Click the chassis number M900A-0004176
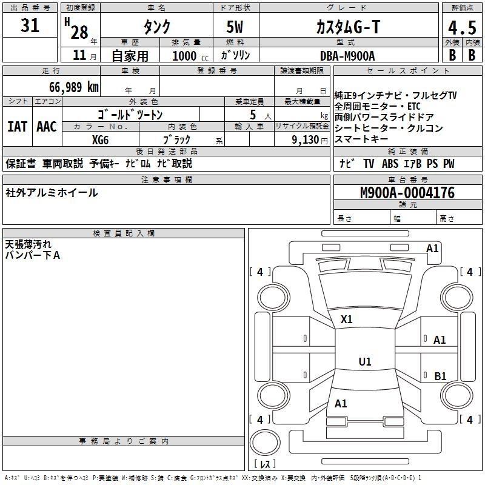click(x=407, y=193)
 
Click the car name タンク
click(x=156, y=27)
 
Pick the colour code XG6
click(x=101, y=139)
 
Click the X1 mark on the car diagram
click(x=347, y=319)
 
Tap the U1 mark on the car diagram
click(x=364, y=362)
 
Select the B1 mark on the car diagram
click(x=440, y=376)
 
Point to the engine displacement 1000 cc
click(x=190, y=56)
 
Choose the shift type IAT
click(x=17, y=126)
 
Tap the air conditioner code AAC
click(x=47, y=126)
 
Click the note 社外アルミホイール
click(x=52, y=193)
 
